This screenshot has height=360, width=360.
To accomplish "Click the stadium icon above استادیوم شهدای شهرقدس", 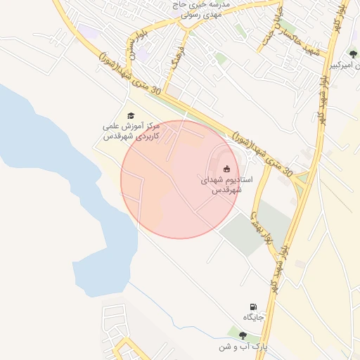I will [x=226, y=168].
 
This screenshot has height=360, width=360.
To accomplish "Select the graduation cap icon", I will [x=131, y=115].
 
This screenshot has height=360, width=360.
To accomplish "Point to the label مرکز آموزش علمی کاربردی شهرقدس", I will [x=131, y=131].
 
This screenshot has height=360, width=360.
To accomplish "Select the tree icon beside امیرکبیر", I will [x=353, y=53].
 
